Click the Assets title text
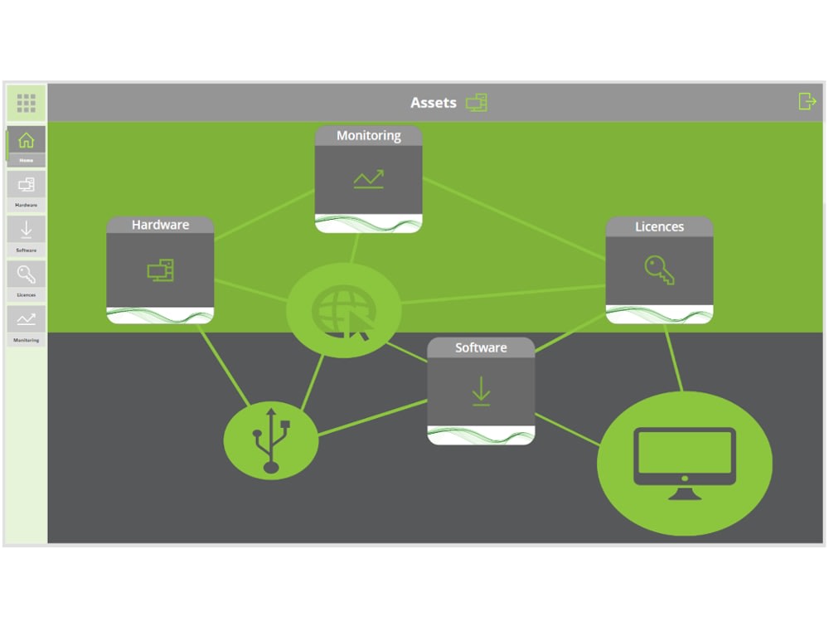(x=433, y=103)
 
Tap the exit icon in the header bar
(x=807, y=101)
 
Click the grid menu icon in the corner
(x=27, y=103)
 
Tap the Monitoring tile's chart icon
(x=369, y=179)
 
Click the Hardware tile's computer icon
(x=160, y=270)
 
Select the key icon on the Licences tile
(x=659, y=270)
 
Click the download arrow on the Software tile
(x=481, y=391)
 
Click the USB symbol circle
(x=271, y=440)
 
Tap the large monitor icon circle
(x=685, y=463)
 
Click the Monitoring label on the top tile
(x=369, y=136)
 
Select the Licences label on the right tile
(x=659, y=226)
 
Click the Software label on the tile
(x=481, y=348)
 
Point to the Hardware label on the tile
(x=160, y=225)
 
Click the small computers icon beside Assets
(x=477, y=103)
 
